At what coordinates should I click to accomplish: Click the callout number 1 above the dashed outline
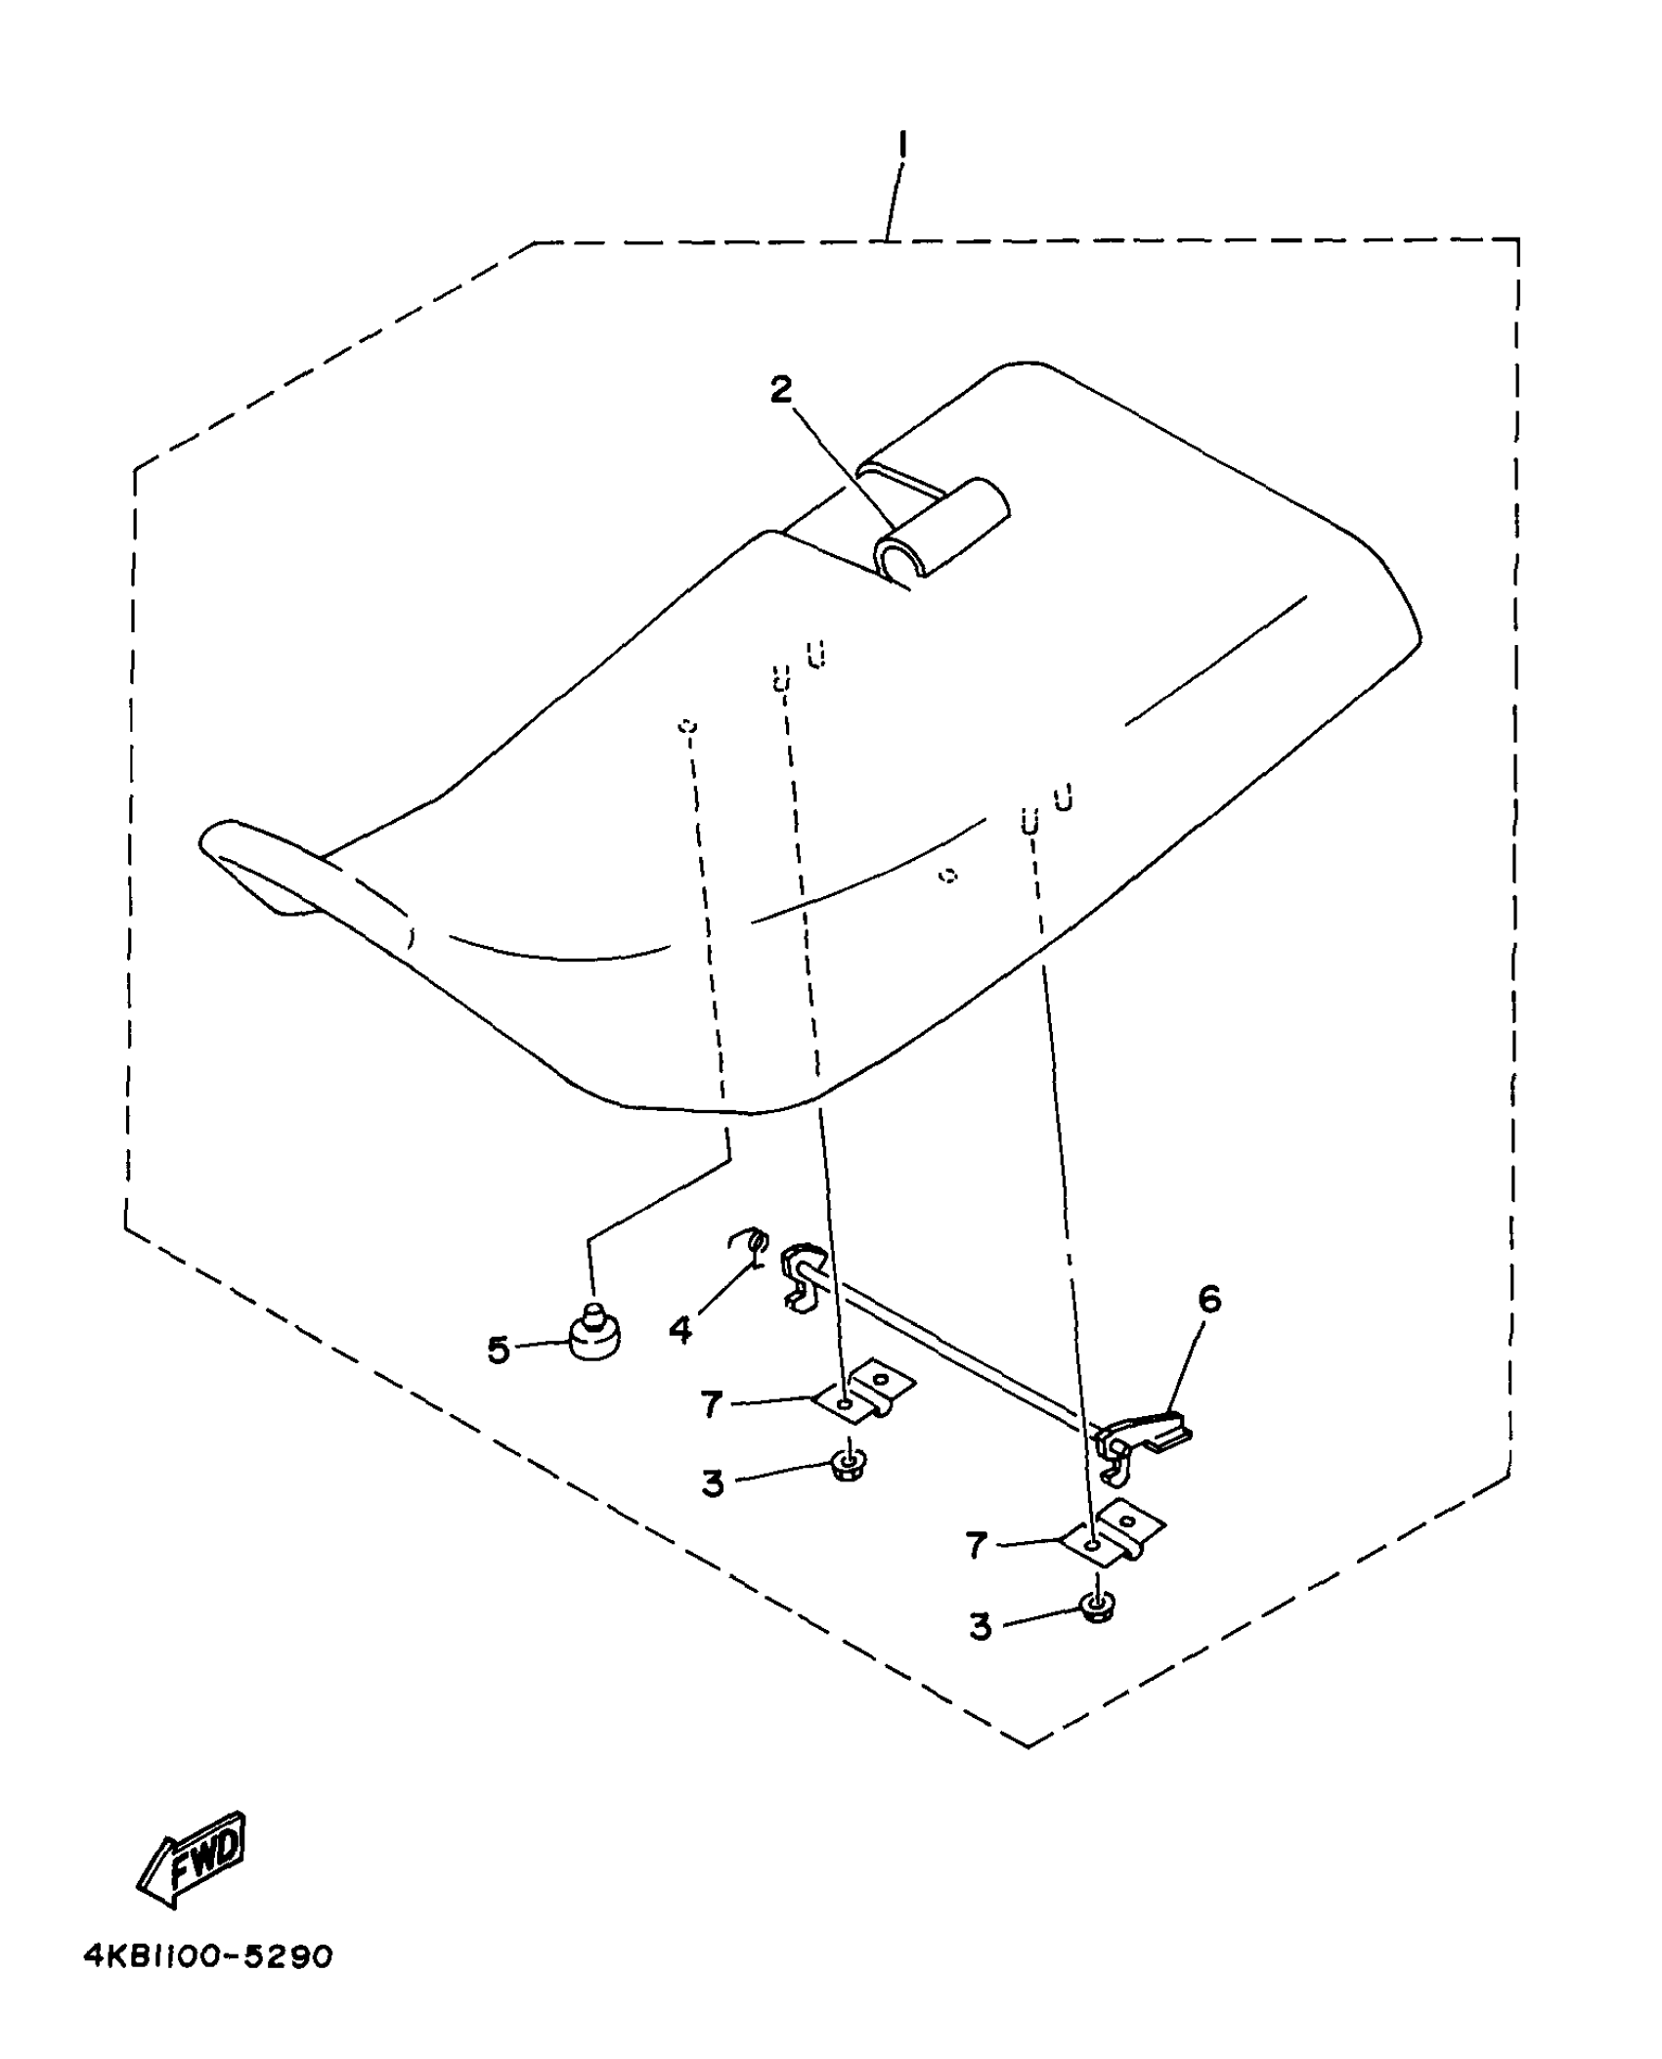coord(901,147)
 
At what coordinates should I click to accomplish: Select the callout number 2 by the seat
coord(780,390)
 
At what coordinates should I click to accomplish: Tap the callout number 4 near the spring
coord(681,1328)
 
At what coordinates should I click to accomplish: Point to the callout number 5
coord(499,1351)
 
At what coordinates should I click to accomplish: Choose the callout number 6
coord(1209,1300)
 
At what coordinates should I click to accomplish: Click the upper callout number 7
coord(711,1405)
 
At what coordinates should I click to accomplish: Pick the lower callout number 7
coord(977,1545)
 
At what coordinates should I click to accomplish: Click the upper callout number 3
coord(713,1483)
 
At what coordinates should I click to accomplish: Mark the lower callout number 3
coord(981,1626)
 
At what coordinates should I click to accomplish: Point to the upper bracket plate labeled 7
coord(865,1393)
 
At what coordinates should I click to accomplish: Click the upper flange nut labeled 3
coord(844,1466)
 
